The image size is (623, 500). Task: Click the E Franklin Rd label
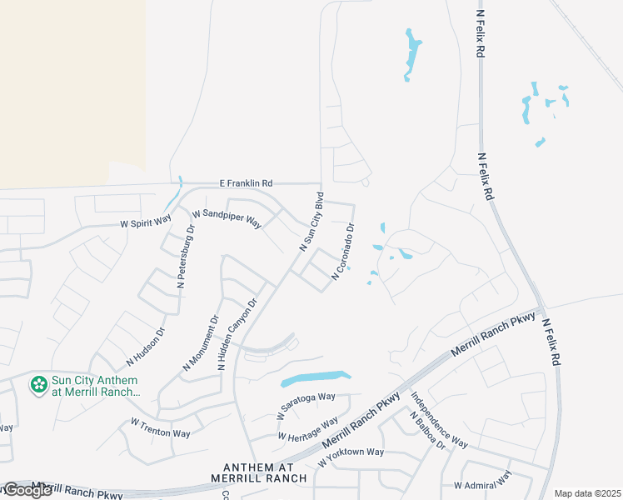coord(246,183)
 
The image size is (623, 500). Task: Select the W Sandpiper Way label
coord(227,219)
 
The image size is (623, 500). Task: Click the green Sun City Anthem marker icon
coord(37,385)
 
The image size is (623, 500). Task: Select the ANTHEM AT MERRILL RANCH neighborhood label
coord(265,472)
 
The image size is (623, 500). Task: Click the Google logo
coord(28,490)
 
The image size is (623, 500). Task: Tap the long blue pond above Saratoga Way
coord(316,378)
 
